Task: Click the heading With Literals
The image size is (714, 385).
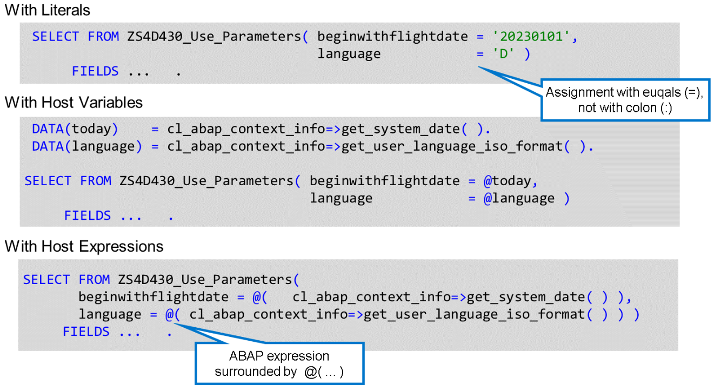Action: point(48,10)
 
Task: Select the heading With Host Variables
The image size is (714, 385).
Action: point(74,102)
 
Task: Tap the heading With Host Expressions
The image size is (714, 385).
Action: point(84,247)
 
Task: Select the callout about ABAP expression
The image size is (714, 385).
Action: point(279,363)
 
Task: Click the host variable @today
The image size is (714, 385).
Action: point(508,181)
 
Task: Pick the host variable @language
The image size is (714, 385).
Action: point(519,198)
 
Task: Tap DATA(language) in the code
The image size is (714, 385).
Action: point(83,146)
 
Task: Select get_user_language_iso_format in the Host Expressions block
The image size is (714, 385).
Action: point(475,314)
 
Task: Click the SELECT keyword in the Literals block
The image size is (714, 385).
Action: point(56,37)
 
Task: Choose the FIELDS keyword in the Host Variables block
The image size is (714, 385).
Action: point(88,215)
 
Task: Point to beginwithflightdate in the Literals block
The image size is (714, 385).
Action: point(392,37)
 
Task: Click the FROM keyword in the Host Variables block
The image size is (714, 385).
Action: point(96,181)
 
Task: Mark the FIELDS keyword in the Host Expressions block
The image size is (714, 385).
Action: point(86,332)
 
